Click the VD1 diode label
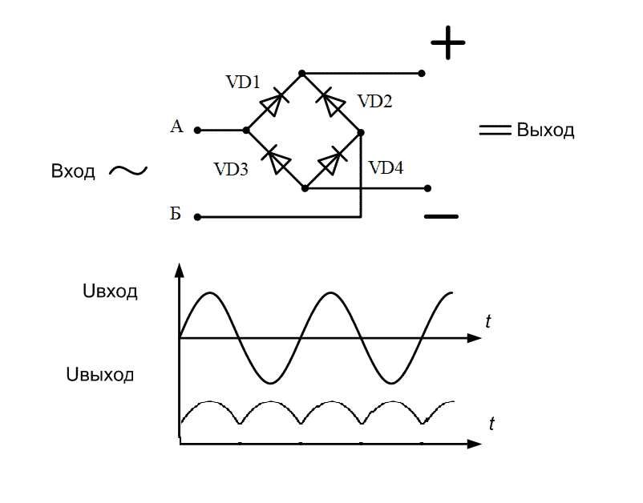point(243,82)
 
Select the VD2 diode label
point(374,102)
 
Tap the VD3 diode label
point(231,169)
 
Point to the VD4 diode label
point(386,168)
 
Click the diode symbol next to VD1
point(273,102)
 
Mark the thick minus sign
point(441,216)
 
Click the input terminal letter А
point(177,127)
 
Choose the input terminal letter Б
point(176,215)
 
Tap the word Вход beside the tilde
point(73,171)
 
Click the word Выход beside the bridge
point(545,131)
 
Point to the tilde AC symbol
point(127,170)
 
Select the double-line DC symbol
point(495,131)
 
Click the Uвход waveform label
point(110,292)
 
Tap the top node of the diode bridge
point(302,73)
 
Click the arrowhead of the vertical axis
point(180,270)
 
